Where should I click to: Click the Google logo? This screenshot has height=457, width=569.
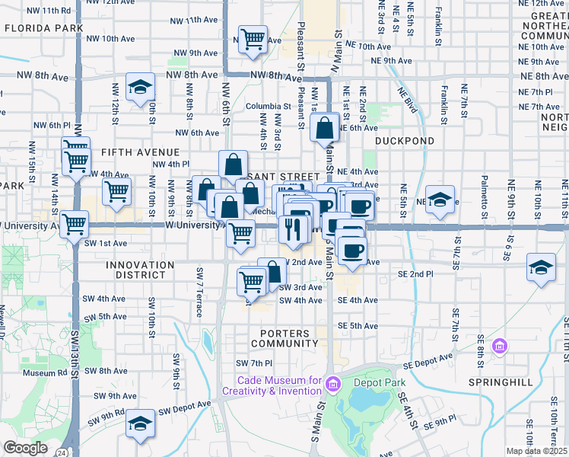[25, 448]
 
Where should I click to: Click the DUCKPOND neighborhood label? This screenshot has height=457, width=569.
[405, 141]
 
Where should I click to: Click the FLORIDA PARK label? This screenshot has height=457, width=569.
[43, 28]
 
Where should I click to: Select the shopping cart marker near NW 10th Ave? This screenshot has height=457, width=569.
[253, 40]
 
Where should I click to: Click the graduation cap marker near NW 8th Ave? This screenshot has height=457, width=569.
[140, 88]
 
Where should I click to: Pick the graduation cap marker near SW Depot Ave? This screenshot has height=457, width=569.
[140, 423]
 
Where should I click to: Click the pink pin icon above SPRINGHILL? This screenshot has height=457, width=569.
[499, 347]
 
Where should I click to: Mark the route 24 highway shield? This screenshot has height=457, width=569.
[59, 452]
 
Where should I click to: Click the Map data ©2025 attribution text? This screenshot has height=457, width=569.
[537, 451]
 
